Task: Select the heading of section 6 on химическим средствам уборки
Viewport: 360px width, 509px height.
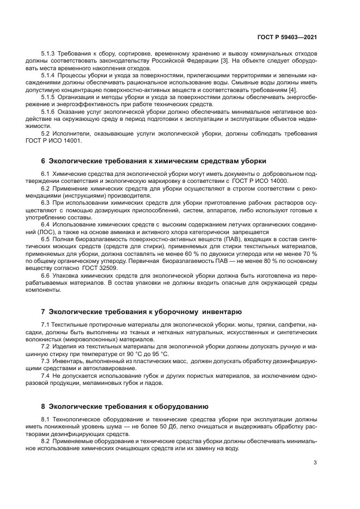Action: point(154,161)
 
